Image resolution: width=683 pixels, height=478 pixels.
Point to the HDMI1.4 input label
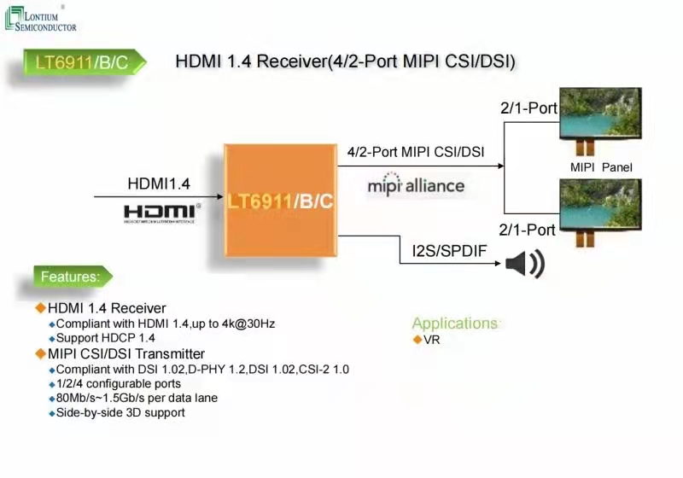[x=159, y=184]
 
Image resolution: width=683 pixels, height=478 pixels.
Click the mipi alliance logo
[x=416, y=185]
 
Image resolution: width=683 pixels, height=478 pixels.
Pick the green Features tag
[x=72, y=277]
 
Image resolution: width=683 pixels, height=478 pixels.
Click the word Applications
[x=454, y=324]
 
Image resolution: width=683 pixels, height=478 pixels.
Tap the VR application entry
[x=431, y=340]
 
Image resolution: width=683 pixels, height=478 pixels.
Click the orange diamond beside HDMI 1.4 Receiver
[x=39, y=307]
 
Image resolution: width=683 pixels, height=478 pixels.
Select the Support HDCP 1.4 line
[x=105, y=338]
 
